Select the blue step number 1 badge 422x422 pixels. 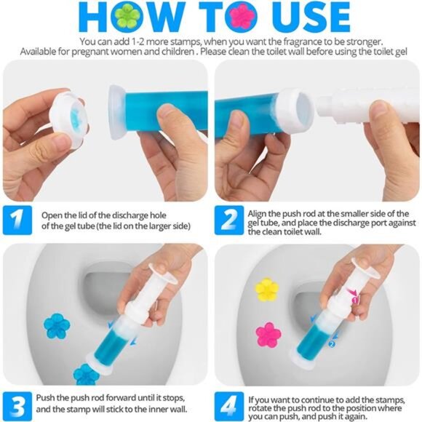(18, 220)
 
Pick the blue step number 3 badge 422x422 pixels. (18, 405)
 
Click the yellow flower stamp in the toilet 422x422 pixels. (267, 290)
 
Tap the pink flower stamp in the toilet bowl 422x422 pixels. (268, 335)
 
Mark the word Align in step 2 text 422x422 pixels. (263, 212)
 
